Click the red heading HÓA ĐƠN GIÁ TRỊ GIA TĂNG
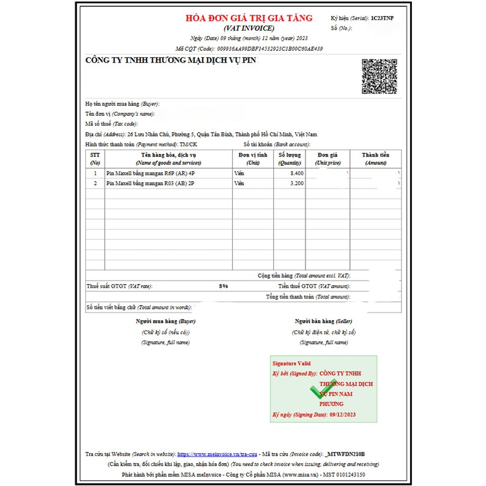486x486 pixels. [x=249, y=18]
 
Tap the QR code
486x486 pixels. [x=379, y=76]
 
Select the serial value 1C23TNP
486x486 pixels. [x=382, y=18]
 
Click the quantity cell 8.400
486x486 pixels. [x=297, y=173]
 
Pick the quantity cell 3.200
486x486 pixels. [x=297, y=183]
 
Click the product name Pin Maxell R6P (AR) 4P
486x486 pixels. [x=151, y=173]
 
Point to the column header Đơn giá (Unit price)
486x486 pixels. [x=327, y=159]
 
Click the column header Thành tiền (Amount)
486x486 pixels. [x=375, y=159]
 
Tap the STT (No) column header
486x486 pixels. [x=95, y=159]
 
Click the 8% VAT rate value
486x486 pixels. [x=223, y=286]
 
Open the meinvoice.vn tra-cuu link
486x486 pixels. [x=218, y=454]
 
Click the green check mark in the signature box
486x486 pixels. [x=323, y=391]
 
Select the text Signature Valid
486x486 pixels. [x=291, y=364]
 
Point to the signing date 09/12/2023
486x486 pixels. [x=342, y=414]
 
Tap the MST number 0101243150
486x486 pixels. [x=349, y=474]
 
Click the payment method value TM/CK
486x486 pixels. [x=188, y=144]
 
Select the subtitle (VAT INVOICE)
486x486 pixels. [x=249, y=28]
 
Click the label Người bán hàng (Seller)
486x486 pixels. [x=323, y=321]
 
